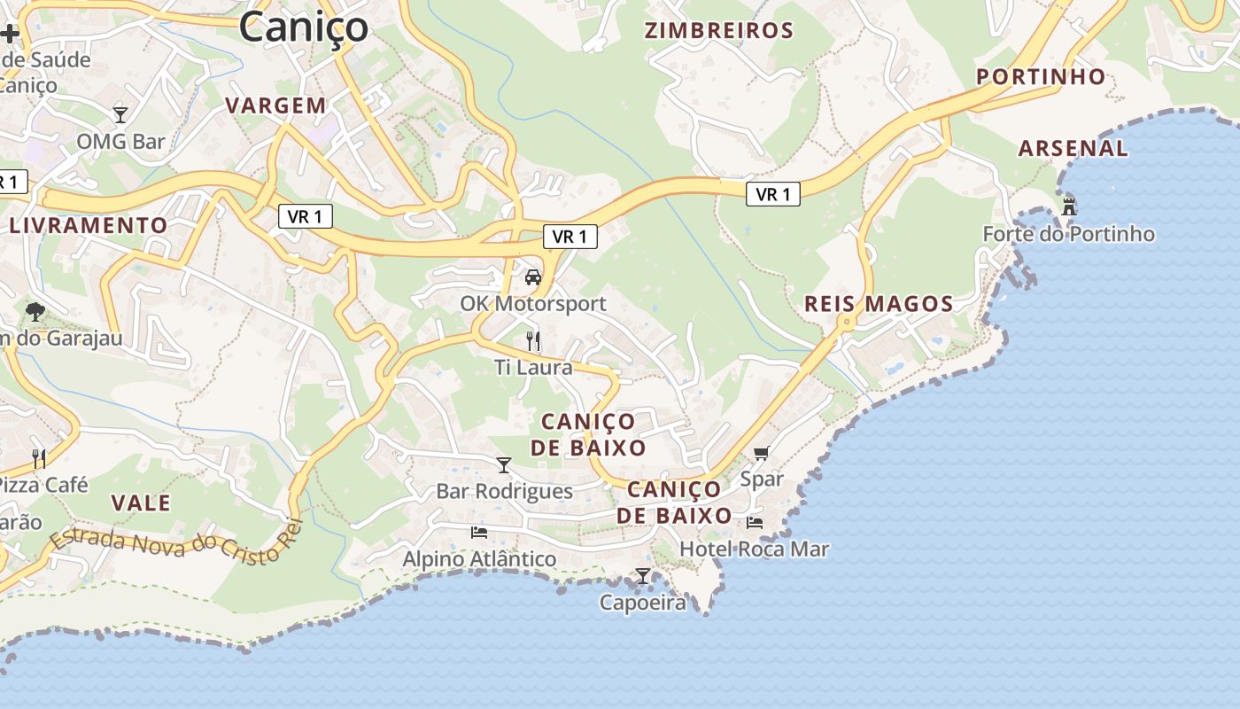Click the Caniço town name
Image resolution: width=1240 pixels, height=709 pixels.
point(303,26)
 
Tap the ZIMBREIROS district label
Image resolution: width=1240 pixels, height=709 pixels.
point(718,31)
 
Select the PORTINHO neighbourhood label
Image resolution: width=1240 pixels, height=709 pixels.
point(1041,77)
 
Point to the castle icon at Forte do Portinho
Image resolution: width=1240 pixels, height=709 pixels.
point(1069,206)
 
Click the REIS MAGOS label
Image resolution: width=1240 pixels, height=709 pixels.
point(878,304)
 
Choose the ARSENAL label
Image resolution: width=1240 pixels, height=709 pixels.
point(1073,148)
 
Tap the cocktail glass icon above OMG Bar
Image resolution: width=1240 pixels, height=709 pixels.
point(120,114)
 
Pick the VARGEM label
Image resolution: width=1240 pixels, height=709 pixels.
point(275,105)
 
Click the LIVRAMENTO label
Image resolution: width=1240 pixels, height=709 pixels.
point(89,225)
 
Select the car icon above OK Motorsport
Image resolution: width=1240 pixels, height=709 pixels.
point(533,277)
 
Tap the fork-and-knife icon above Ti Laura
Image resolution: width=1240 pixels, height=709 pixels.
point(533,340)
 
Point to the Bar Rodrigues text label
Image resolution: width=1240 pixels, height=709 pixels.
point(504,491)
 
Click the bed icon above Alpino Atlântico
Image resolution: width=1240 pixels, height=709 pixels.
point(479,533)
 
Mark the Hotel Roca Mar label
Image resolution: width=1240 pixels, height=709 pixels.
point(754,549)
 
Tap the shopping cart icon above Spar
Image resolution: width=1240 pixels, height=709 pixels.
point(761,454)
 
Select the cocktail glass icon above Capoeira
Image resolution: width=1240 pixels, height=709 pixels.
point(643,576)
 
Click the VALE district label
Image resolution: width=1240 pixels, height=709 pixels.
point(141,503)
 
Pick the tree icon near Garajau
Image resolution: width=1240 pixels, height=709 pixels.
point(35,311)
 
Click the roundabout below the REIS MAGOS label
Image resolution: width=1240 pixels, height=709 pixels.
point(847,322)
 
